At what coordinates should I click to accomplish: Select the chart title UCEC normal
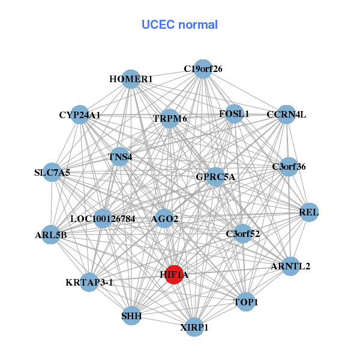click(x=179, y=25)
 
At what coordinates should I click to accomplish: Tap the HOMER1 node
click(x=131, y=79)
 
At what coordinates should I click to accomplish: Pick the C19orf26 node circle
click(x=203, y=69)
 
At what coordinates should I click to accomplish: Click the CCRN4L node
click(x=286, y=115)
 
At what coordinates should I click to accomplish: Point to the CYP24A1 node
click(x=80, y=115)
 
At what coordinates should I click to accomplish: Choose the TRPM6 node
click(x=170, y=119)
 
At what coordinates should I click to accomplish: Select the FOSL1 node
click(x=234, y=114)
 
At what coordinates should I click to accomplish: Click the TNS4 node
click(x=120, y=157)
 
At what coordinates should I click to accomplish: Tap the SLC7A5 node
click(x=52, y=173)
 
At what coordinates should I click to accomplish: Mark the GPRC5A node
click(x=216, y=177)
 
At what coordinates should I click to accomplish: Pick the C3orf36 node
click(x=289, y=167)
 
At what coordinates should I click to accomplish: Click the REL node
click(x=308, y=212)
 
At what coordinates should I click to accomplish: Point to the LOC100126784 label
click(x=103, y=218)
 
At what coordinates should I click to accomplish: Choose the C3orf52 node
click(x=243, y=233)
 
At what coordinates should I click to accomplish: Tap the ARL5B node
click(x=51, y=235)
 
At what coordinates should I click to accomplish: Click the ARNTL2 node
click(x=290, y=266)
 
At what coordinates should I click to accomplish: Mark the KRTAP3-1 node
click(x=89, y=281)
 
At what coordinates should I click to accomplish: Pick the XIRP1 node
click(x=194, y=327)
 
